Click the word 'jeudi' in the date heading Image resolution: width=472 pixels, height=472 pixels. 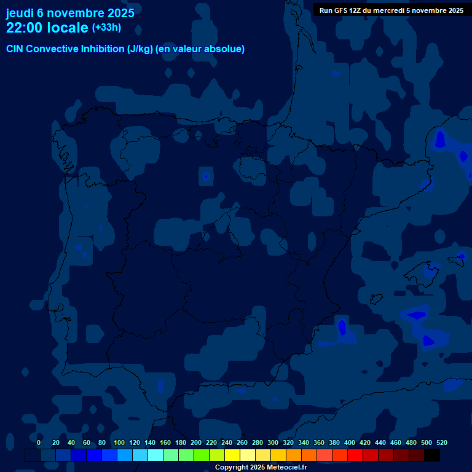[x=20, y=12]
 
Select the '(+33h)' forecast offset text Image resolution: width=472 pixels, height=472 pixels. [x=106, y=28]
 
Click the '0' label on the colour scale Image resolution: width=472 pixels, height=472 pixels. [x=39, y=442]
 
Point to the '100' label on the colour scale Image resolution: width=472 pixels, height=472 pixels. [x=119, y=442]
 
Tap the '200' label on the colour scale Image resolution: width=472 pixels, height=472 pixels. [x=196, y=442]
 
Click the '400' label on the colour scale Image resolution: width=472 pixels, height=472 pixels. [x=350, y=442]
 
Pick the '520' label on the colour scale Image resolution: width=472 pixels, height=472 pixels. [x=441, y=442]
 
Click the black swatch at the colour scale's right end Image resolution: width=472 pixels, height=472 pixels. [x=432, y=455]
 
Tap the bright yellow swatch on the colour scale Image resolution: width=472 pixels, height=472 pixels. [x=232, y=455]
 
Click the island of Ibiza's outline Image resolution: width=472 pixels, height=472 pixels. [x=376, y=299]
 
